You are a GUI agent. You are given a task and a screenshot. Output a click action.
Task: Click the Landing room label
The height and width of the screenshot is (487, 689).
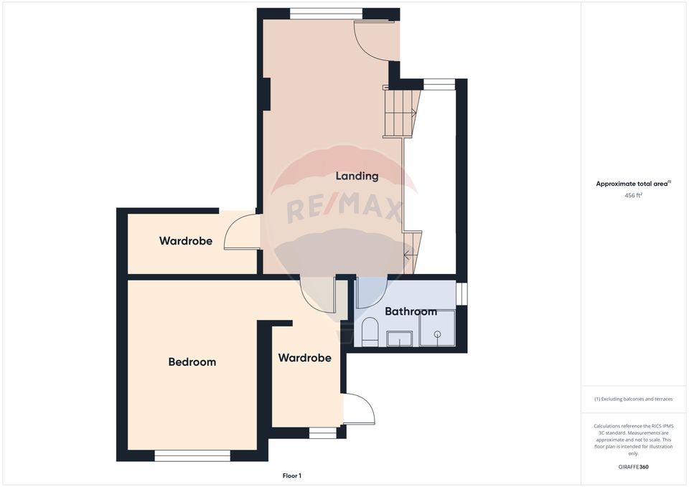click(357, 176)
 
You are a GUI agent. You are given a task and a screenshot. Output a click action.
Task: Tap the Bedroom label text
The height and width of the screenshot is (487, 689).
click(192, 362)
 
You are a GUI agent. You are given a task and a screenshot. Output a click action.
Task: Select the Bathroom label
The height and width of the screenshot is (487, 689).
click(411, 312)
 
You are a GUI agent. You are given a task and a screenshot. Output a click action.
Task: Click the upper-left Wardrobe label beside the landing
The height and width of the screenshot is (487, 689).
click(186, 241)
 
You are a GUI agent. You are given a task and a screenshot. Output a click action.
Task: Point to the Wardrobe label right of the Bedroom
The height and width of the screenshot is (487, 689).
click(304, 357)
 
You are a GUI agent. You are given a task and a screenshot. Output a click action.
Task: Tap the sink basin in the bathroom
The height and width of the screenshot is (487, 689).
click(400, 339)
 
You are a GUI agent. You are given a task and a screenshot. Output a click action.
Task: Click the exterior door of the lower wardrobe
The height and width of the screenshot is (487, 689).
click(359, 410)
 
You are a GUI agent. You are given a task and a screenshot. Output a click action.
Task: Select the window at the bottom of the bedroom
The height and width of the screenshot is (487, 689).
click(192, 455)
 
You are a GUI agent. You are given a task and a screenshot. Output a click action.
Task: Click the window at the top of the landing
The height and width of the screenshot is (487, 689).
click(326, 13)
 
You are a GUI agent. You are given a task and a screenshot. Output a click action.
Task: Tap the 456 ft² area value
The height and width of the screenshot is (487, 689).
click(633, 194)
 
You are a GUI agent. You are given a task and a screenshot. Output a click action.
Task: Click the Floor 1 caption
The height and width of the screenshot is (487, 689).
click(291, 476)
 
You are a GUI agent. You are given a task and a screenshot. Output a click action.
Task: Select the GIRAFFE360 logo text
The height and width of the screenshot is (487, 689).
click(633, 467)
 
